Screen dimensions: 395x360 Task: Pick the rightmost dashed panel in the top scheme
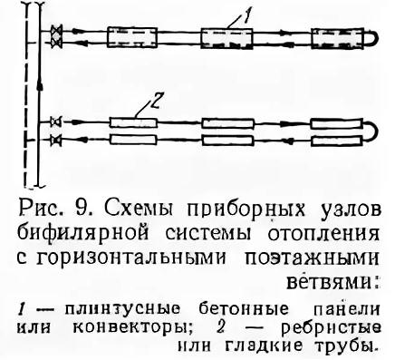click(331, 39)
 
